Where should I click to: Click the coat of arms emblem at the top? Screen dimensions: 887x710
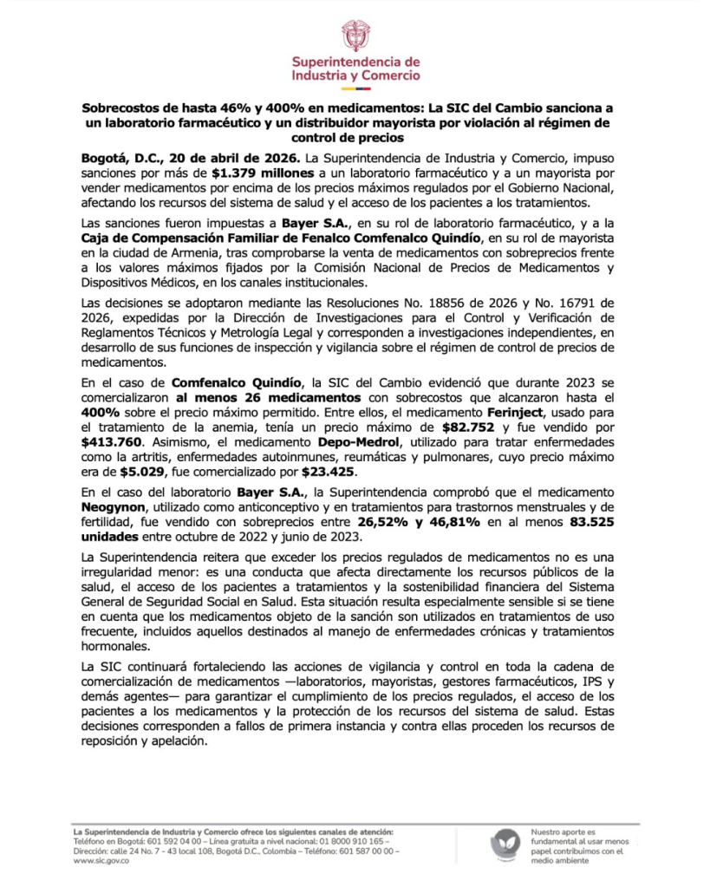coord(355,36)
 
